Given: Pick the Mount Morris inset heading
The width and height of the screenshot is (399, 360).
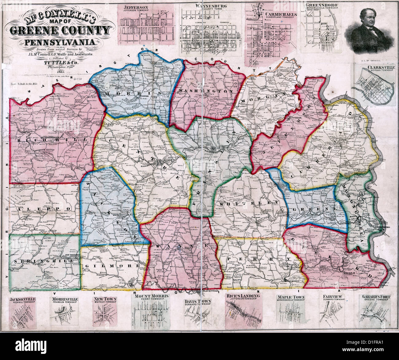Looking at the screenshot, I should click(151, 296).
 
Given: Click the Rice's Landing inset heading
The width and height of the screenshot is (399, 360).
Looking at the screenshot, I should click(243, 296).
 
